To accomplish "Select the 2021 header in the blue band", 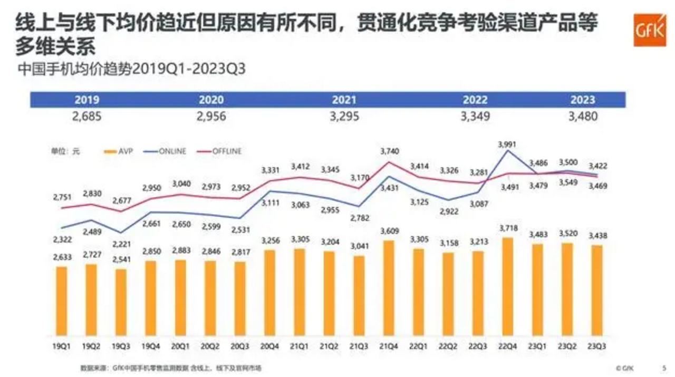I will (344, 100).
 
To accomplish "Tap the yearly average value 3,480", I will (583, 116).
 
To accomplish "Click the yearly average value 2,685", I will (86, 116).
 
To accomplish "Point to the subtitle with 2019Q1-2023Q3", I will (132, 70).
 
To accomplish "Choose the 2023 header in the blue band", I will (583, 100).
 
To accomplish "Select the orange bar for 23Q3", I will (597, 291).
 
